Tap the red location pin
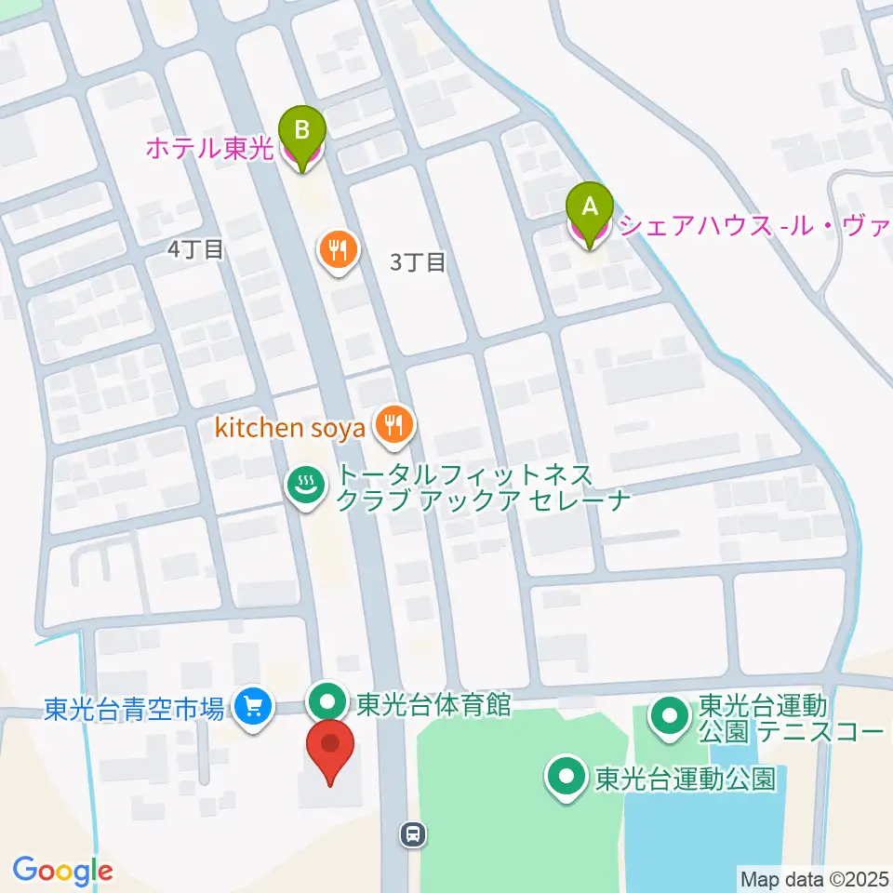[330, 750]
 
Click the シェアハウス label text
[754, 225]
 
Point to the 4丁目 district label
[196, 249]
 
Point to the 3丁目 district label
[418, 262]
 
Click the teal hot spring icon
[304, 483]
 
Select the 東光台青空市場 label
[134, 709]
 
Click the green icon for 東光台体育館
[327, 700]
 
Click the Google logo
[62, 871]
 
